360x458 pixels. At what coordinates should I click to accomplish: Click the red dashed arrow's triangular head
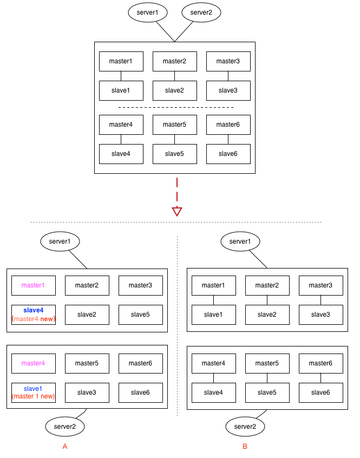[176, 211]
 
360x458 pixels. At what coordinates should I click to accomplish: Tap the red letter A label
[65, 447]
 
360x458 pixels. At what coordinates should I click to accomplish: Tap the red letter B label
[245, 447]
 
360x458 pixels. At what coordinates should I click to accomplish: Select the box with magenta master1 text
[34, 285]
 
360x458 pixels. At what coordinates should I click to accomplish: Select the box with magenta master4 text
[34, 363]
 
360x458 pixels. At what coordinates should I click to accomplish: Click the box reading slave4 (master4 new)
[34, 315]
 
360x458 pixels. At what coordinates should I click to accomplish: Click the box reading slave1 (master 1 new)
[34, 392]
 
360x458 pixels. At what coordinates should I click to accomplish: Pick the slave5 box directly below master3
[140, 315]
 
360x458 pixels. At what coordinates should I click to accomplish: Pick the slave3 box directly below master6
[87, 392]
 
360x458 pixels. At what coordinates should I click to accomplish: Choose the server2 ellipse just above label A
[65, 427]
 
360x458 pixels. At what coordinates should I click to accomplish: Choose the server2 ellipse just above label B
[245, 427]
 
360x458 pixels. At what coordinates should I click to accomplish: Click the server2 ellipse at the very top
[201, 12]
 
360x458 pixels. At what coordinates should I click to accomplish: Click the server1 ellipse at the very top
[148, 12]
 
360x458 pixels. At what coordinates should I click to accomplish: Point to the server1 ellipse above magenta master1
[60, 241]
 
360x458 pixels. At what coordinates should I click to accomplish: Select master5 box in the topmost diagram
[174, 125]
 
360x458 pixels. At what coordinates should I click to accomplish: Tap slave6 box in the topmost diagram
[228, 154]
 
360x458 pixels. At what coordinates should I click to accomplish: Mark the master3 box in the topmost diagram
[228, 61]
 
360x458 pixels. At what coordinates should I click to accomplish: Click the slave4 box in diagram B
[213, 392]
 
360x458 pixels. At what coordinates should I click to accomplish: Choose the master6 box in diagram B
[320, 363]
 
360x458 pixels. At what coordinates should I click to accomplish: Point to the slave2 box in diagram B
[267, 315]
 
